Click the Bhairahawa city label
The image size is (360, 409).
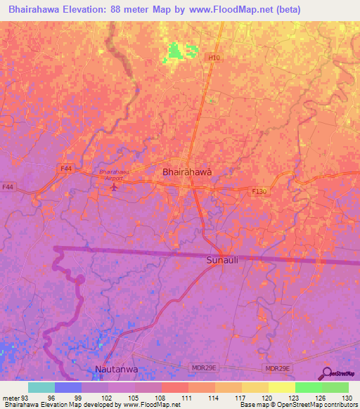[187, 171]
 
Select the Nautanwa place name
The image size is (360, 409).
[117, 369]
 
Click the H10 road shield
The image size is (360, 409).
[214, 57]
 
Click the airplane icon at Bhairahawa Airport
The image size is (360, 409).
[115, 186]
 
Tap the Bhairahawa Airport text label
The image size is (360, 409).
[115, 174]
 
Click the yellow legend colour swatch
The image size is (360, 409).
[282, 388]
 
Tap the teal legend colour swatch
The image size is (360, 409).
[41, 388]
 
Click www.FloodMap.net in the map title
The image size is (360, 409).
[218, 10]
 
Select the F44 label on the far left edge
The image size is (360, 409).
[8, 187]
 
